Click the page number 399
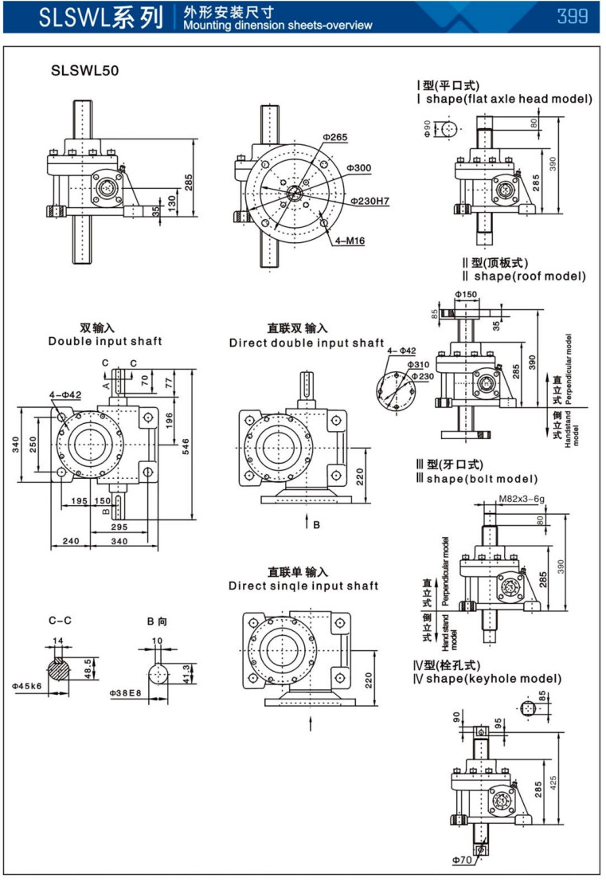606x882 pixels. click(573, 16)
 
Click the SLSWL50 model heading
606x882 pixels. click(85, 70)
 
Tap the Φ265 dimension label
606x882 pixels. click(335, 137)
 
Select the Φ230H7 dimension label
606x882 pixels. click(369, 201)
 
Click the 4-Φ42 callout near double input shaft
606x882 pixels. click(65, 394)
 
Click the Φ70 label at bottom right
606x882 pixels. click(461, 860)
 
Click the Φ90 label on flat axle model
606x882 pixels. click(428, 127)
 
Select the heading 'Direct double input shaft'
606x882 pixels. click(307, 343)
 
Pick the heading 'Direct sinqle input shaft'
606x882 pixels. click(303, 586)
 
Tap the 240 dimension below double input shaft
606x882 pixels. click(70, 541)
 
